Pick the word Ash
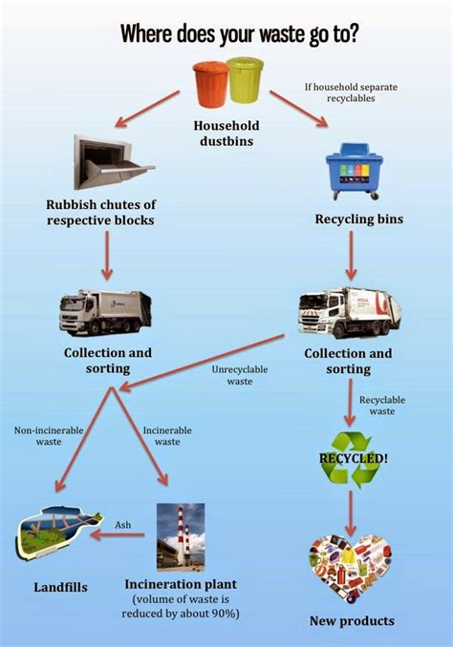[x=123, y=525]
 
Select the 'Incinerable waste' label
[x=167, y=435]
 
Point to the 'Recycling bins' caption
[x=358, y=219]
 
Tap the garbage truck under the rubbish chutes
[x=105, y=312]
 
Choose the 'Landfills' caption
[x=59, y=587]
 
